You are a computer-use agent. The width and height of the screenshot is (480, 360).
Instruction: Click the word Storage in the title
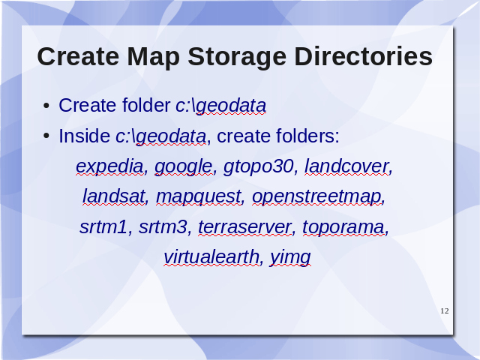coord(237,58)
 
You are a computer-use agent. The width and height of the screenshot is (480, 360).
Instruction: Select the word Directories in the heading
coord(363,57)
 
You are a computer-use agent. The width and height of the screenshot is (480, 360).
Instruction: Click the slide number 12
coord(445,311)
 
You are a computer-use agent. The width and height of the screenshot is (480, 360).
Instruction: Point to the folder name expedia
coord(110,167)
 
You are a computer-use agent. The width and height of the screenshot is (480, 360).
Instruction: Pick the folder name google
coord(184,167)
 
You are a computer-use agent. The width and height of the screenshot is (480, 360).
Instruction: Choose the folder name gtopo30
coord(259,167)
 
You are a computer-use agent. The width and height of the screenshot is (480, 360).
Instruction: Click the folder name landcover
coord(347,166)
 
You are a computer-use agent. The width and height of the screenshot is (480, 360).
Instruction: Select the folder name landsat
coord(114,196)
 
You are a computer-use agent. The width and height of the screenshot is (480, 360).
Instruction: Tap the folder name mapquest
coord(199,197)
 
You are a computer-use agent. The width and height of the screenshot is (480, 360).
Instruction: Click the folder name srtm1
coord(103,227)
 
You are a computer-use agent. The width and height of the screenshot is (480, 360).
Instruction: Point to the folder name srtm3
coord(163,227)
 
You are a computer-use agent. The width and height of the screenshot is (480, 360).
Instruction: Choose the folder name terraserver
coord(244,227)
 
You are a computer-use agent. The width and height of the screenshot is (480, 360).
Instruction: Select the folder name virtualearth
coord(211,256)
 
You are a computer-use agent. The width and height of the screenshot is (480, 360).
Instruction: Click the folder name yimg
coord(290,258)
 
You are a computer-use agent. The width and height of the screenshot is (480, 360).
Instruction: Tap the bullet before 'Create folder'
coord(46,106)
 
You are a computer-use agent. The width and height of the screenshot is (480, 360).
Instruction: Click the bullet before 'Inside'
coord(46,136)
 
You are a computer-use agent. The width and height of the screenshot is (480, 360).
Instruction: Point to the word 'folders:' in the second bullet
coord(308,136)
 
